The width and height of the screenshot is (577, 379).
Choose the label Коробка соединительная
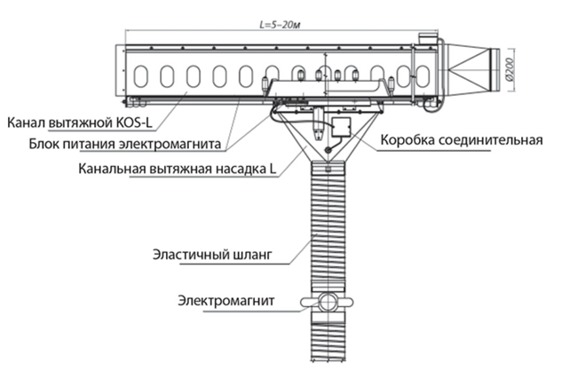coord(461,140)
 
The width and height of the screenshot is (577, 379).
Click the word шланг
coord(267,257)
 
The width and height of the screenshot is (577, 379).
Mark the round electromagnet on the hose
coord(329,302)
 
